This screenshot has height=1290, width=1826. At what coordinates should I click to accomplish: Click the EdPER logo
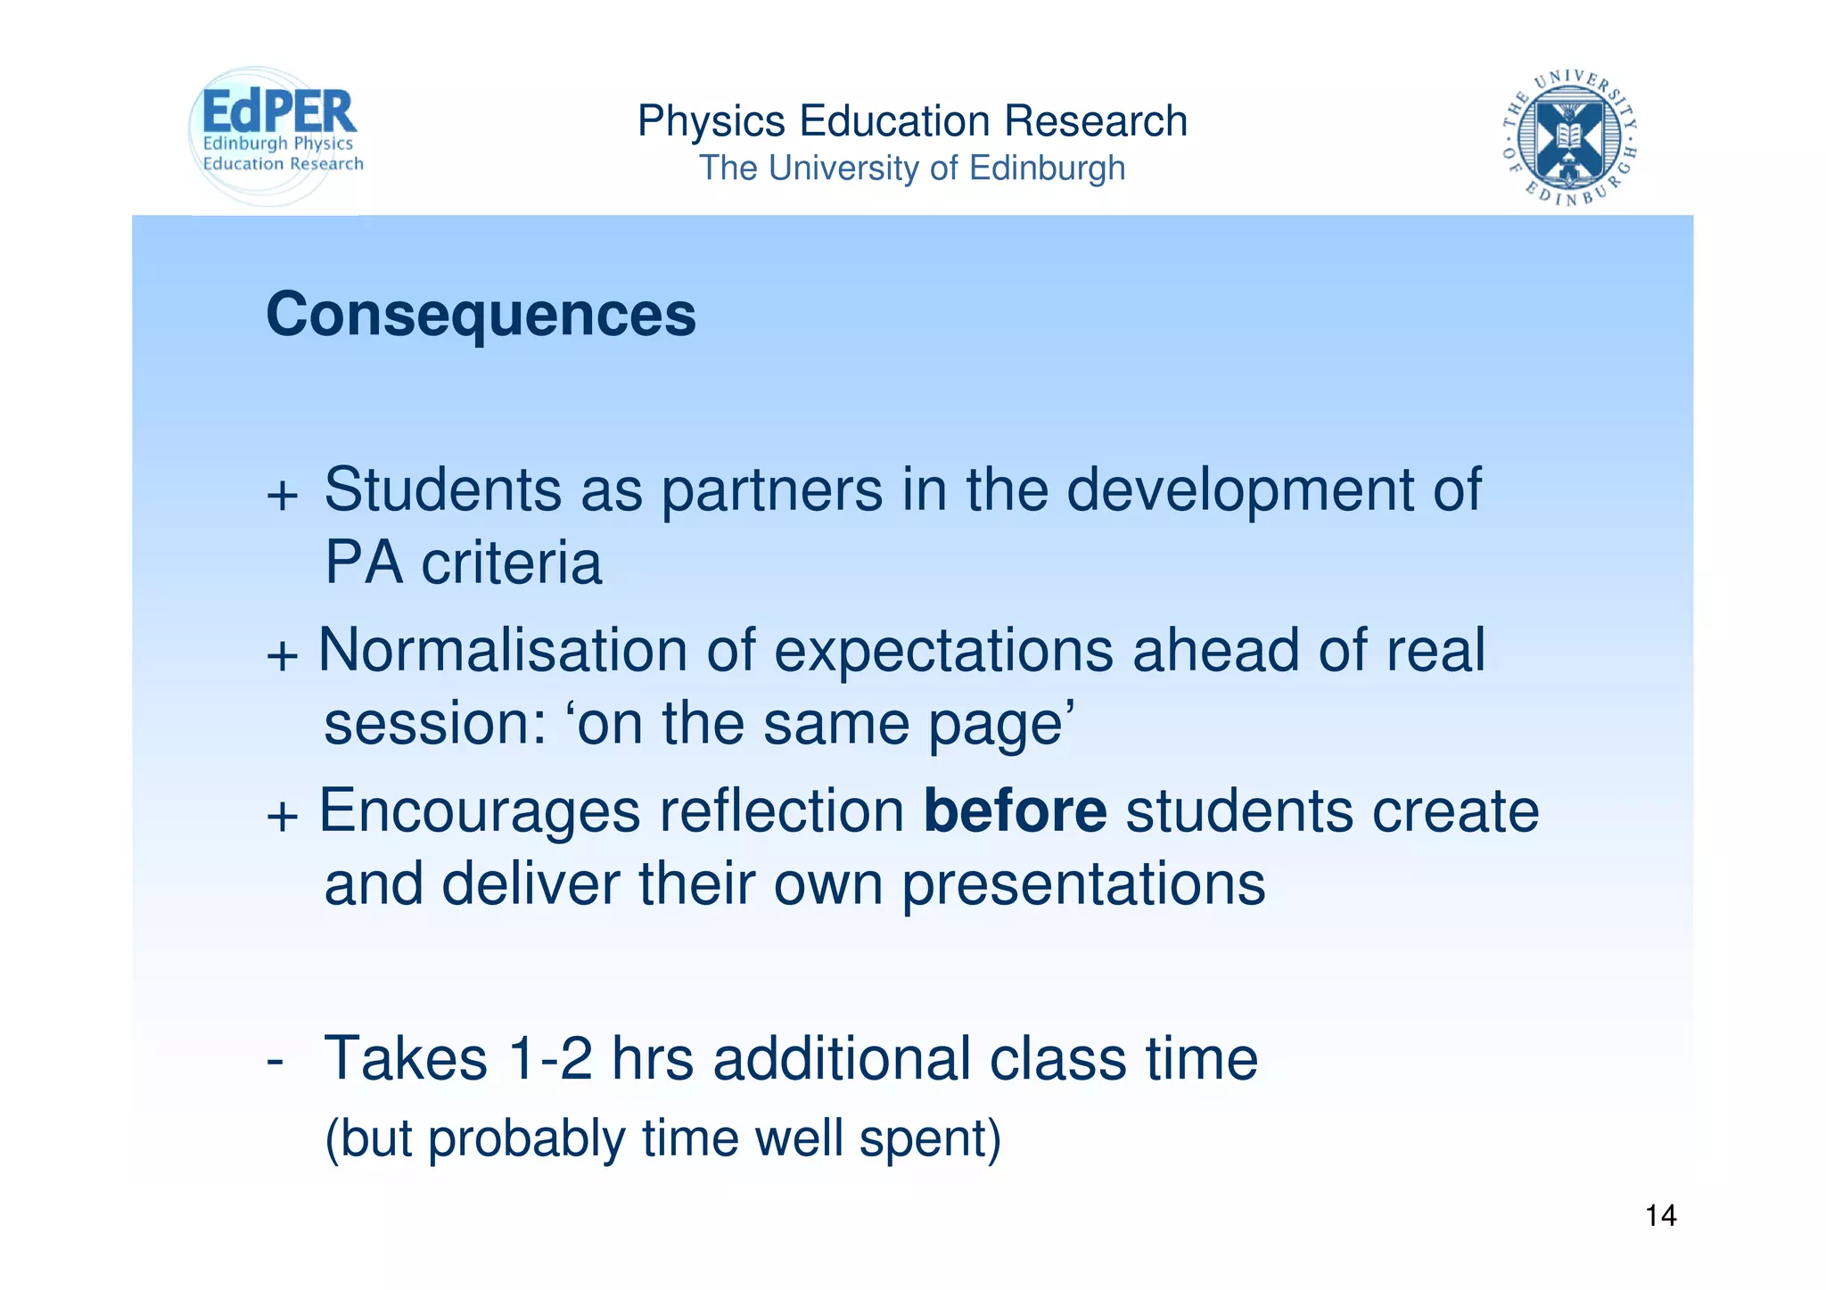pos(276,134)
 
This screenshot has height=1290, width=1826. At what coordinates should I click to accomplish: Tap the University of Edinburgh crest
pos(1569,136)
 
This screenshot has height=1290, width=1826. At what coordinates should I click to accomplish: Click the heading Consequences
pos(481,315)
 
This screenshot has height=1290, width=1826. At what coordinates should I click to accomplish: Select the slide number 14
pos(1660,1216)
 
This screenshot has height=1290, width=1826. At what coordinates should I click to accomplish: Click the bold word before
pos(1015,811)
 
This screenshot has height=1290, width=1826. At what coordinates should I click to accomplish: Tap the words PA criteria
pos(463,563)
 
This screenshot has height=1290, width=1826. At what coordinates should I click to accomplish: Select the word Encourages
pos(480,811)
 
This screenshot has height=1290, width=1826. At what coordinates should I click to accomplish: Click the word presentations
pos(1082,884)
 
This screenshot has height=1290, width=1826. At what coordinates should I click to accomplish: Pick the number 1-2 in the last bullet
pos(549,1059)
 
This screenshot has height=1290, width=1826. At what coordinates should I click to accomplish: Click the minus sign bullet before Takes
pos(275,1061)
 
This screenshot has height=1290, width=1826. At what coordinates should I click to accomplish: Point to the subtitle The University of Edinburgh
pos(912,168)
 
